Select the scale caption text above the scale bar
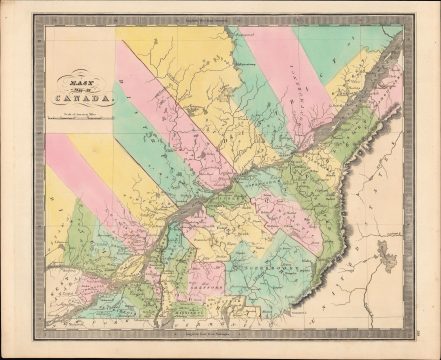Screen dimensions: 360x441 pos(80,115)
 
